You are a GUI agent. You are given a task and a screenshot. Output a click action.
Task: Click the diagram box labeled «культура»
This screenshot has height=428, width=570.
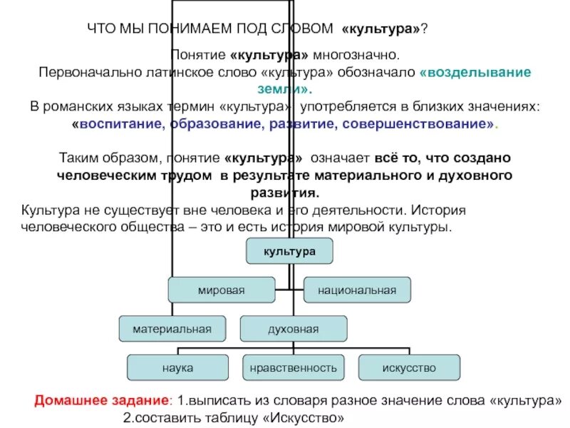tap(289, 251)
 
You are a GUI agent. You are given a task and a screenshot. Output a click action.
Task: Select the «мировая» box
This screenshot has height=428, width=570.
tap(221, 290)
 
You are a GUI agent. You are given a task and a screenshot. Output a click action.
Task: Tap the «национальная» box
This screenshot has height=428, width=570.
tap(357, 290)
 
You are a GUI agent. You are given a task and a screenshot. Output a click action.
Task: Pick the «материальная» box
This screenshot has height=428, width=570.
tap(172, 329)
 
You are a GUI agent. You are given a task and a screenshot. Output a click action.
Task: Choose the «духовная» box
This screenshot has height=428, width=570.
tap(293, 329)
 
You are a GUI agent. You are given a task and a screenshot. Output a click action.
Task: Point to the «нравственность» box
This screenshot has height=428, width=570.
tap(293, 368)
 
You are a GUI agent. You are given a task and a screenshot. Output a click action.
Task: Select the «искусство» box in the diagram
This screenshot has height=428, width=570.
tap(408, 368)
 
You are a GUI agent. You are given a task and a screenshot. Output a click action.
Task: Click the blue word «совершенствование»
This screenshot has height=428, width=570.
tap(417, 124)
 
